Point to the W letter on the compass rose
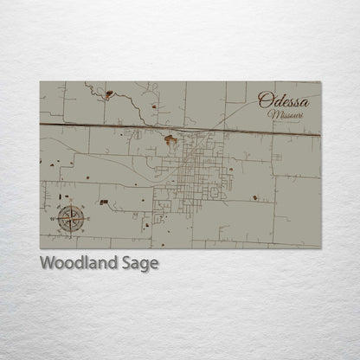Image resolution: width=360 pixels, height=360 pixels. pyautogui.click(x=53, y=220)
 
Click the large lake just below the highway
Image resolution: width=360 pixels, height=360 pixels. pyautogui.click(x=171, y=138)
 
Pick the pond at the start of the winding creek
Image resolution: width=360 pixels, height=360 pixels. pyautogui.click(x=109, y=93)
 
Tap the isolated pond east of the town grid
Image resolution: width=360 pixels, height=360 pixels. pyautogui.click(x=255, y=198)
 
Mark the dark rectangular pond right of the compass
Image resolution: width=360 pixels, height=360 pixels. pyautogui.click(x=104, y=202)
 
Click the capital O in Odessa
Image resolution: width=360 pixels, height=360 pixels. pyautogui.click(x=265, y=100)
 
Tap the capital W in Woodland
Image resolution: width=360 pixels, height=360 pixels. pyautogui.click(x=47, y=264)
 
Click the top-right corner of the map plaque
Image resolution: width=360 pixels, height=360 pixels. pyautogui.click(x=320, y=81)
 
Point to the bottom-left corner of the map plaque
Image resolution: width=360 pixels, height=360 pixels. pyautogui.click(x=40, y=248)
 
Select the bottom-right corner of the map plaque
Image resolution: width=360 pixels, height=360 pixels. pyautogui.click(x=320, y=248)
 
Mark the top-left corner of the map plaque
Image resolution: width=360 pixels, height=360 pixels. pyautogui.click(x=40, y=81)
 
